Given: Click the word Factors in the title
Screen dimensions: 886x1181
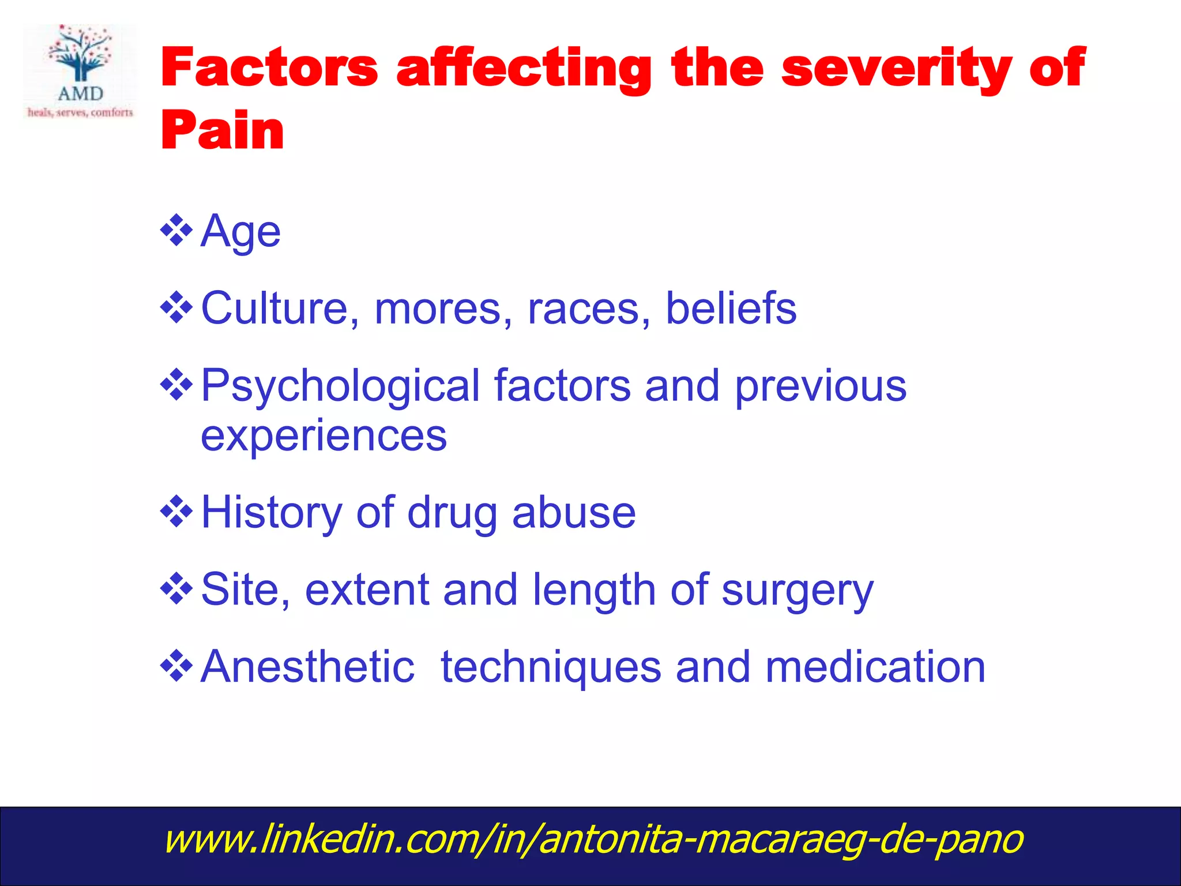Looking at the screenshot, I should [x=269, y=68].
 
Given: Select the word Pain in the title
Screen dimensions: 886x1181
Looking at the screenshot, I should [x=223, y=130].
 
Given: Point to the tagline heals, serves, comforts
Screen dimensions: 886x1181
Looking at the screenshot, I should [x=80, y=112].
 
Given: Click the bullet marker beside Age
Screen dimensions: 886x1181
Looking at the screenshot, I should [x=176, y=231].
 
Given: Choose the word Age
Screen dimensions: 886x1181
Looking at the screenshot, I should [x=240, y=232].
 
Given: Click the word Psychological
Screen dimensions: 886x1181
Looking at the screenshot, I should [x=340, y=387].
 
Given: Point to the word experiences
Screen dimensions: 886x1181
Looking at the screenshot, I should [x=324, y=436].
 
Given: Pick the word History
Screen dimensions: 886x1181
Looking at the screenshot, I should [x=271, y=513].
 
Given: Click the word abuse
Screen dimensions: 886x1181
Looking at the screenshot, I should [x=574, y=513].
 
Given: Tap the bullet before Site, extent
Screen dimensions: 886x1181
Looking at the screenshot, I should [x=176, y=588].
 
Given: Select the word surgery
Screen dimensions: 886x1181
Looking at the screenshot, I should [x=798, y=591].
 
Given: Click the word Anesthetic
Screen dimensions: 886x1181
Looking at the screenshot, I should [x=307, y=667].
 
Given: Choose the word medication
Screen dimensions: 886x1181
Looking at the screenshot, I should [x=875, y=667].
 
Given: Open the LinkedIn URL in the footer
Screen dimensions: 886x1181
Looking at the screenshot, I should [x=593, y=839].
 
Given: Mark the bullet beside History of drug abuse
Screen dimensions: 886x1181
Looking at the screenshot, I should [x=176, y=511].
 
